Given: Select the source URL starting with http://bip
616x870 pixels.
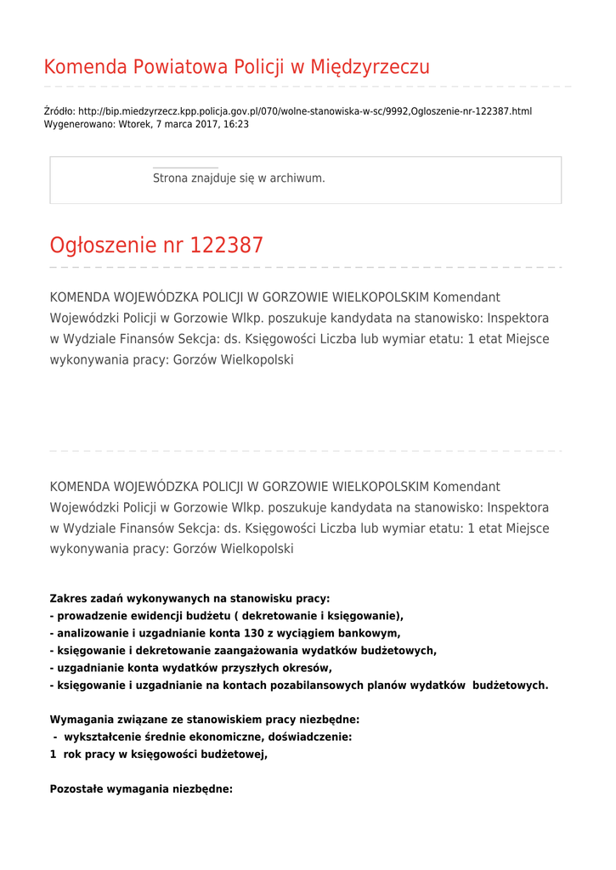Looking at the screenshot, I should coord(305,111).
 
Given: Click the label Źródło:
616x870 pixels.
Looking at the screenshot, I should coord(59,111).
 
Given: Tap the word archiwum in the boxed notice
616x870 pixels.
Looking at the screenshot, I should coord(297,178).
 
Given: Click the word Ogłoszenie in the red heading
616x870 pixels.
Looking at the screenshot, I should coord(103,246).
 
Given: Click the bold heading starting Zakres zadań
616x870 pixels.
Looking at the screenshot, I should coord(189,599).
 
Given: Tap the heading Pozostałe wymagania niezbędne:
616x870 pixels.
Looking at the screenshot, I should coord(141,789).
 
